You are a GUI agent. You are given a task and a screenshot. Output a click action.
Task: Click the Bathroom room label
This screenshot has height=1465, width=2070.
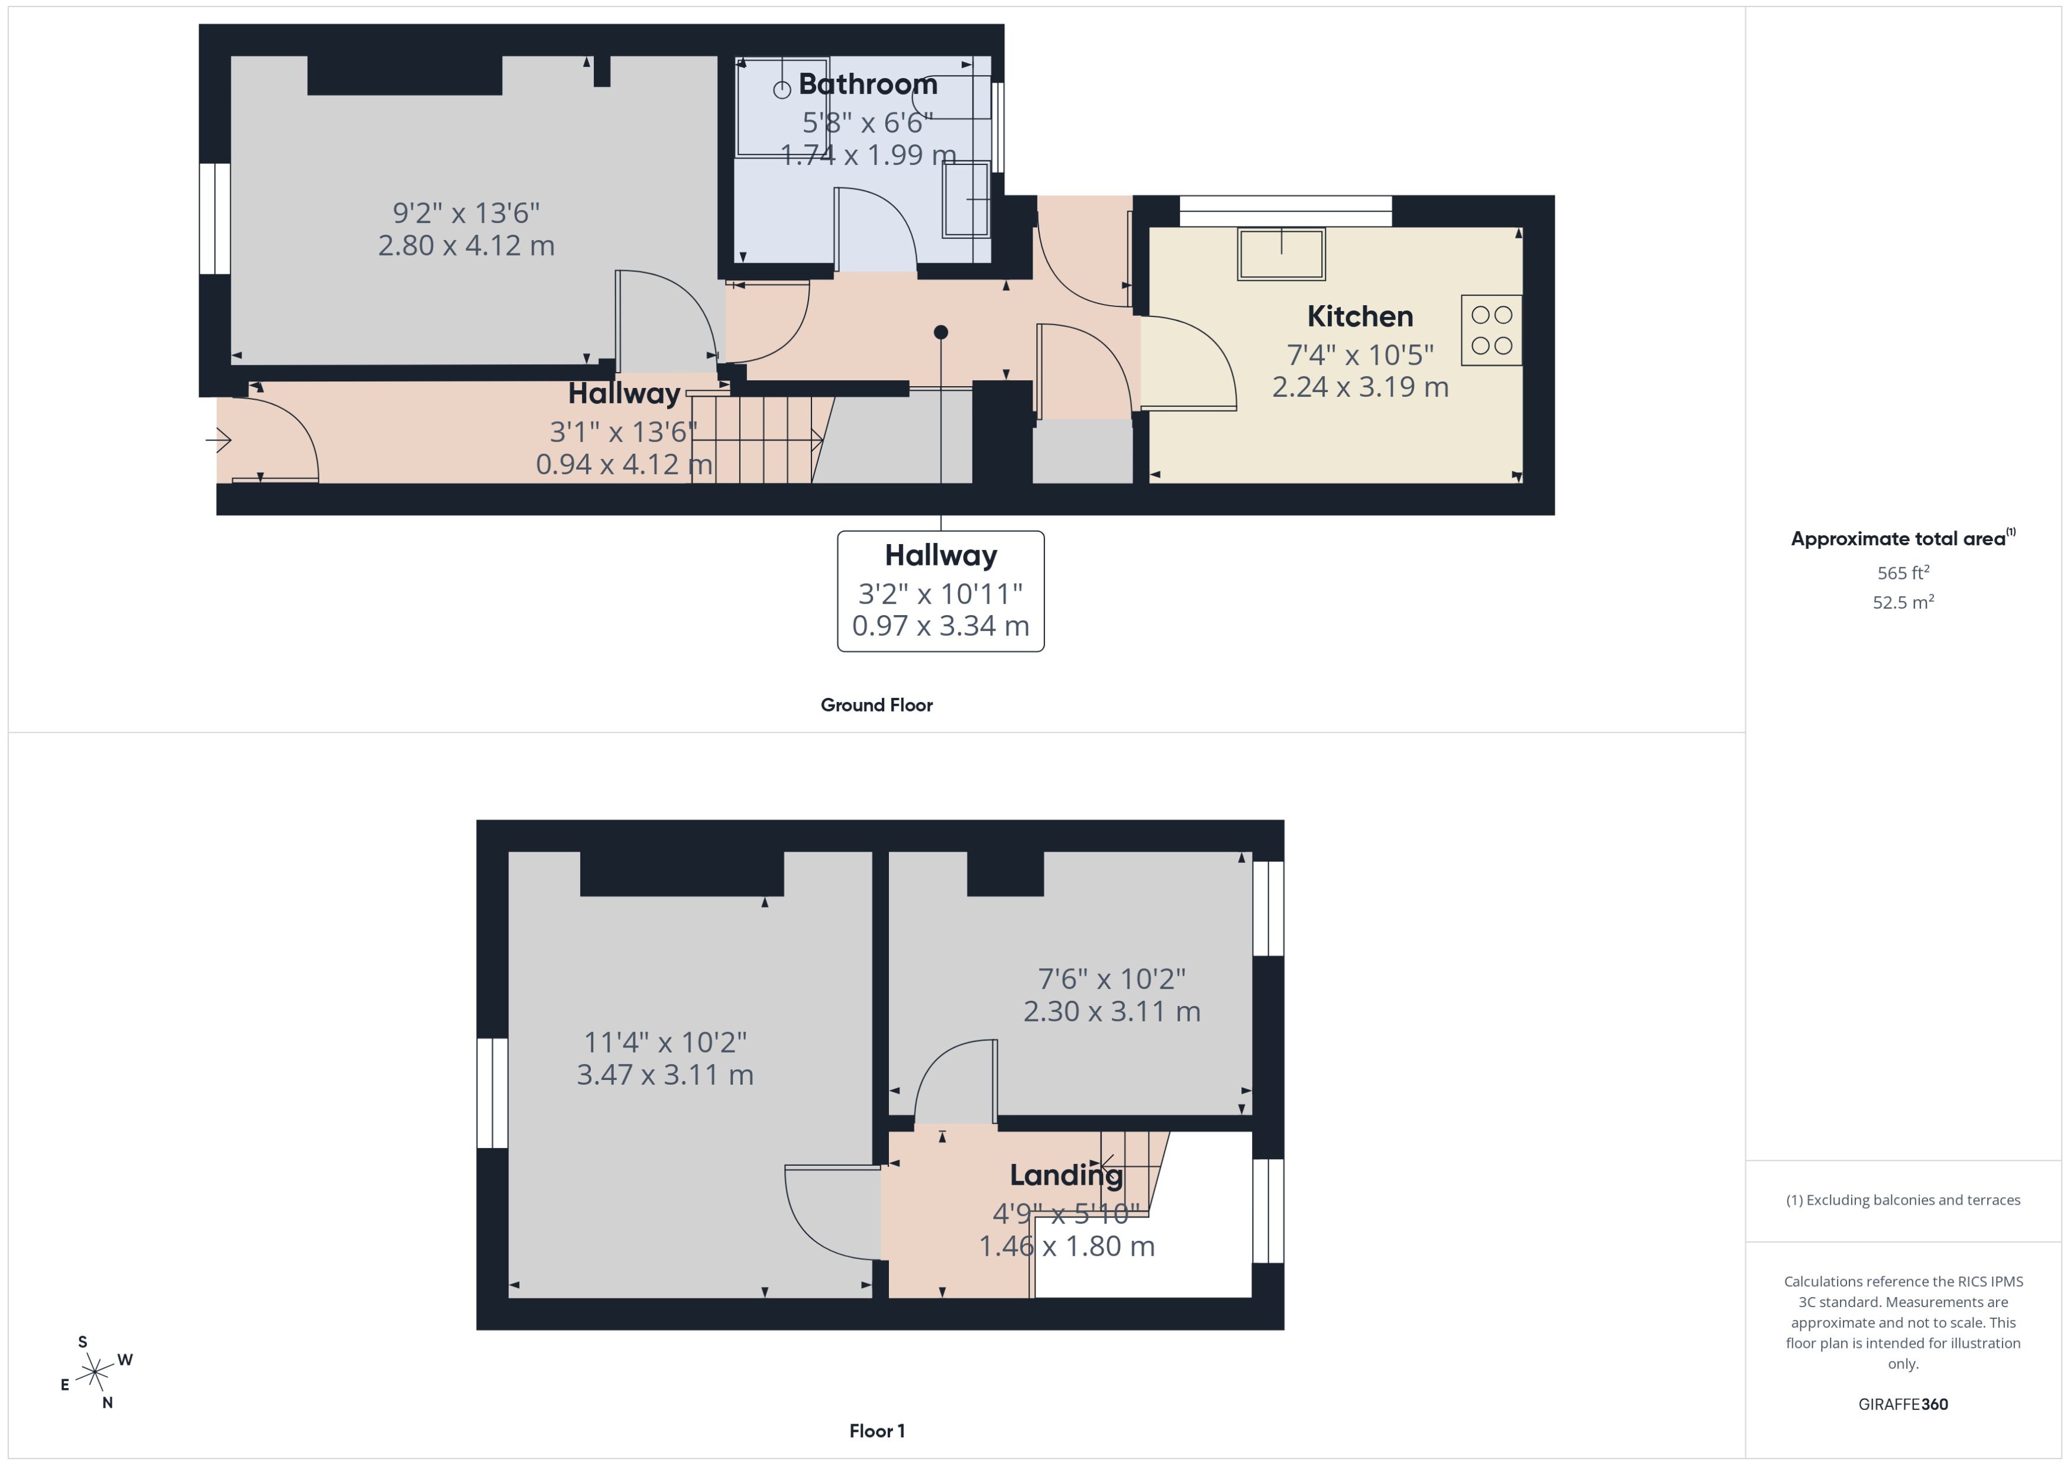coord(868,84)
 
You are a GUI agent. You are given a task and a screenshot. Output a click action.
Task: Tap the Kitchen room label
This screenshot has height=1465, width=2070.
coord(1360,316)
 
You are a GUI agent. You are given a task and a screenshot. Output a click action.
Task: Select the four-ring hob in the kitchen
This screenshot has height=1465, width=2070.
coord(1492,330)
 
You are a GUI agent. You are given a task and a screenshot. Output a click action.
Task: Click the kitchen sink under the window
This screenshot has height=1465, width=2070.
coord(1281,254)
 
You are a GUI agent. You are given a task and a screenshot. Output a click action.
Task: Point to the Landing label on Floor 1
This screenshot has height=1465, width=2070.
coord(1066,1175)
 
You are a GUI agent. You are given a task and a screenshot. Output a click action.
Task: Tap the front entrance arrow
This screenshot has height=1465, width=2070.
coord(218,440)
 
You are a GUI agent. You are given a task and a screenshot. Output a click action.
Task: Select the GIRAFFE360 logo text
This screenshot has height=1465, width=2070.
coord(1903,1405)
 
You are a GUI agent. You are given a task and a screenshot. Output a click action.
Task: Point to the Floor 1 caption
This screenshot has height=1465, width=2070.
coord(876,1431)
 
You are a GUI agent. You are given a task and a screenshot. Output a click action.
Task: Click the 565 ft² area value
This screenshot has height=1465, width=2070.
coord(1903,573)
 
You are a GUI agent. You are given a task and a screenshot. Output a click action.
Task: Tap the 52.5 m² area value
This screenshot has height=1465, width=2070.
coord(1903,601)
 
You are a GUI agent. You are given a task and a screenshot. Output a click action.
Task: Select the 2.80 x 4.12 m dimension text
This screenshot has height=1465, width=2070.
coord(466,245)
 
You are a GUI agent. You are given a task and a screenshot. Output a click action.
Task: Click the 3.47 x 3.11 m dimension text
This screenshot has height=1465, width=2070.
coord(665,1075)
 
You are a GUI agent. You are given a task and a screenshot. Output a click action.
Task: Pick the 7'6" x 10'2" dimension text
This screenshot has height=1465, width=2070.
coord(1111,979)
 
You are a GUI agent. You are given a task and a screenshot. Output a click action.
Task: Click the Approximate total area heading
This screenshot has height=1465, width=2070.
coord(1903,539)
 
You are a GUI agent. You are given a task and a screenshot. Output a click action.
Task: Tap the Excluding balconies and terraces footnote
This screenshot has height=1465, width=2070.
coord(1903,1200)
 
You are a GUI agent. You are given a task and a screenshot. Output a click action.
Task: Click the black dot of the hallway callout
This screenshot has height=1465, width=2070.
coord(941,332)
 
